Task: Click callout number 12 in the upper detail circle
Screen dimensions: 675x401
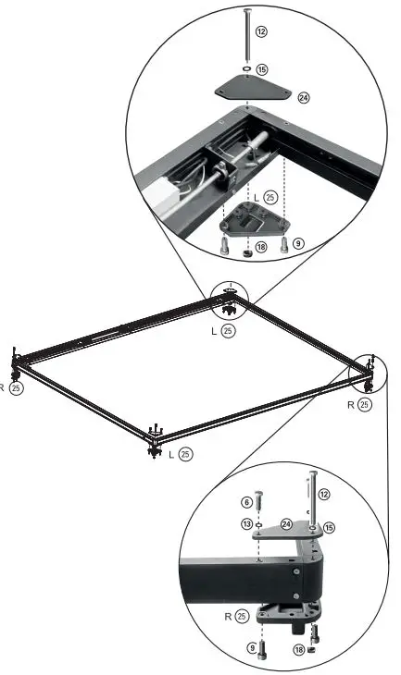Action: (261, 31)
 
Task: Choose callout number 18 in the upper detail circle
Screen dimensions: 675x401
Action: (261, 247)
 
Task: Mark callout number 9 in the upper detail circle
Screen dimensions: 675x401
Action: (297, 243)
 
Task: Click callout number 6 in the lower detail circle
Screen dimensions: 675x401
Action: (246, 501)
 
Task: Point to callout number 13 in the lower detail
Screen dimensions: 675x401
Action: (247, 523)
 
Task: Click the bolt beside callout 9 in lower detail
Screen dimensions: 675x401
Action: (263, 646)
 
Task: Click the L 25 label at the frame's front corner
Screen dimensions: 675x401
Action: (185, 453)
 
